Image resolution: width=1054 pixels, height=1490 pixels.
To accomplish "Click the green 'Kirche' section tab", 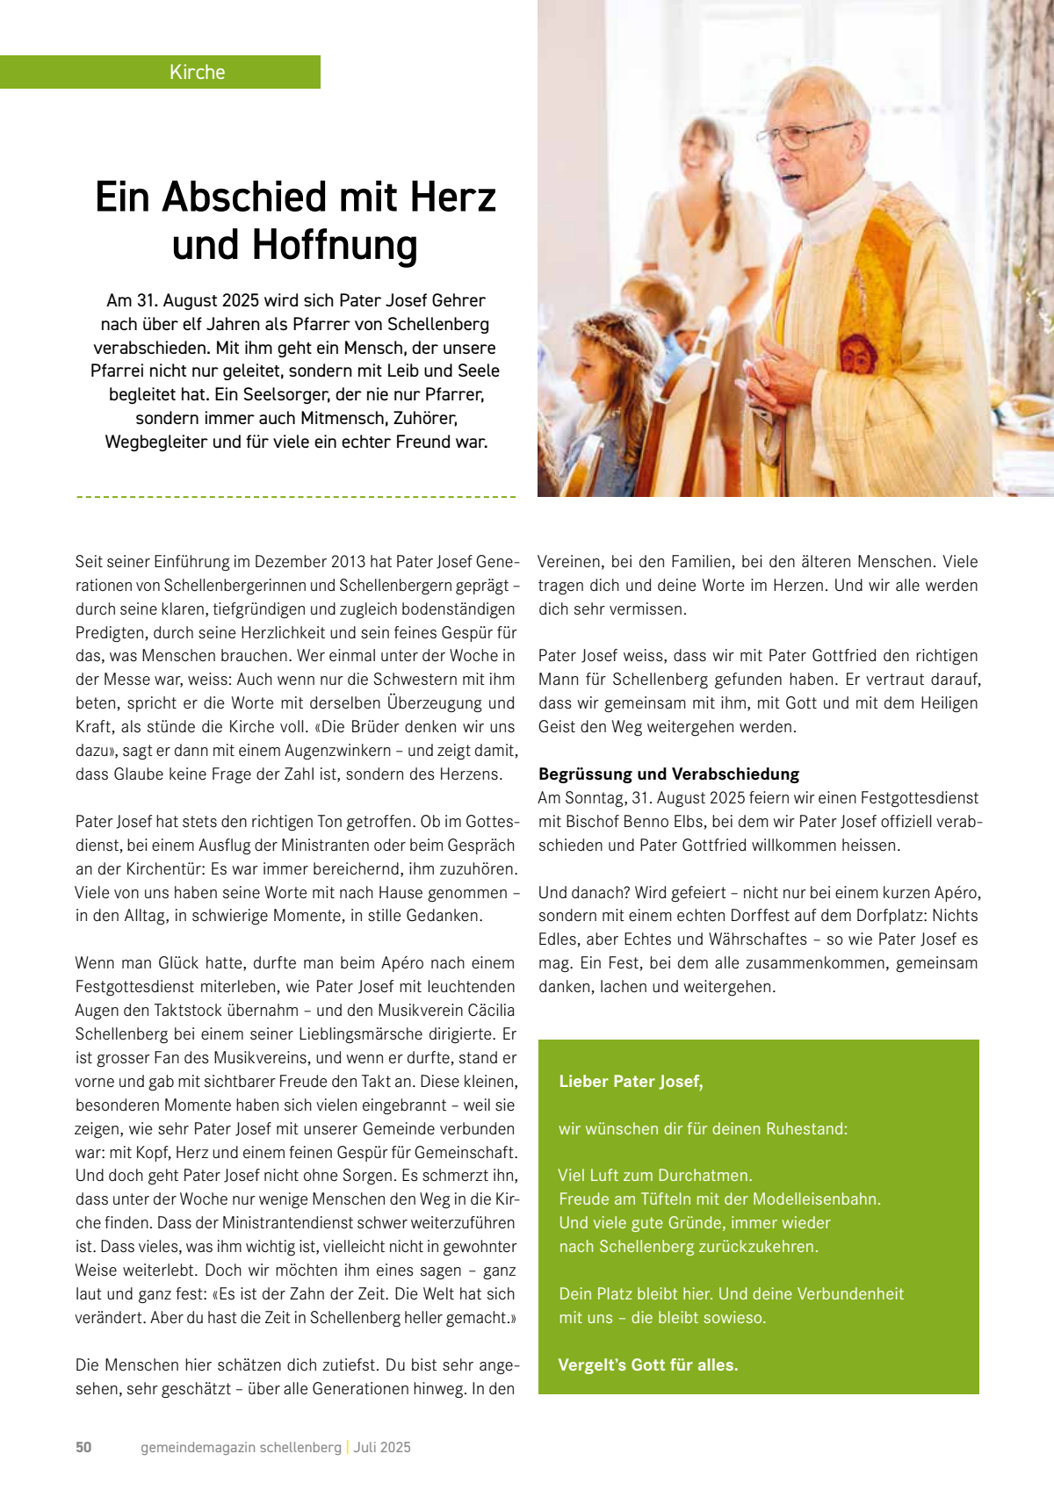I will coord(197,72).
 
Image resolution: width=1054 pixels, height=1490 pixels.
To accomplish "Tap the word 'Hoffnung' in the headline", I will coord(335,246).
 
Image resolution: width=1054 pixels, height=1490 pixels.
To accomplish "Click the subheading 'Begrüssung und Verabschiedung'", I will coord(668,774).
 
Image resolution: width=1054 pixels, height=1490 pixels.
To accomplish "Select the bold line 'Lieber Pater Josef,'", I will coord(631,1082).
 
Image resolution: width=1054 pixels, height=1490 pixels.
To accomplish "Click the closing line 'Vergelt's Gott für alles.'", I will coord(648,1365).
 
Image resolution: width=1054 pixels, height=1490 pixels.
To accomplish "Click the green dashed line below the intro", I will coord(296,497).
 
